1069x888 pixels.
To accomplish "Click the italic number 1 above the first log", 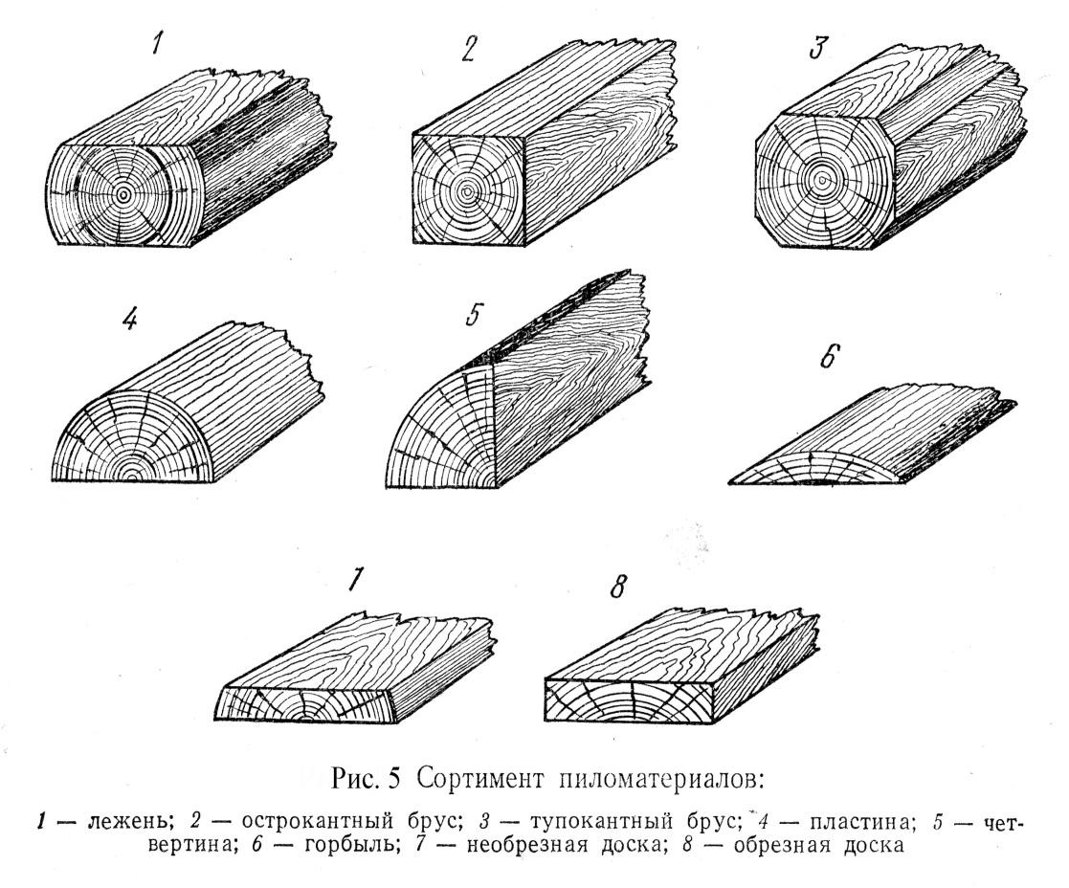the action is pos(157,45).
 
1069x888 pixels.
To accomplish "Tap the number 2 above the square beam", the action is pos(468,49).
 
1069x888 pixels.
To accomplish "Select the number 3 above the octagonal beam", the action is pos(817,48).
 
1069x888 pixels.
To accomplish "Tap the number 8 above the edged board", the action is pos(617,586).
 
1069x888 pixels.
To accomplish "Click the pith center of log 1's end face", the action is pos(122,195).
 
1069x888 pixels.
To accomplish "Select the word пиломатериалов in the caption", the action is pos(660,779).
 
